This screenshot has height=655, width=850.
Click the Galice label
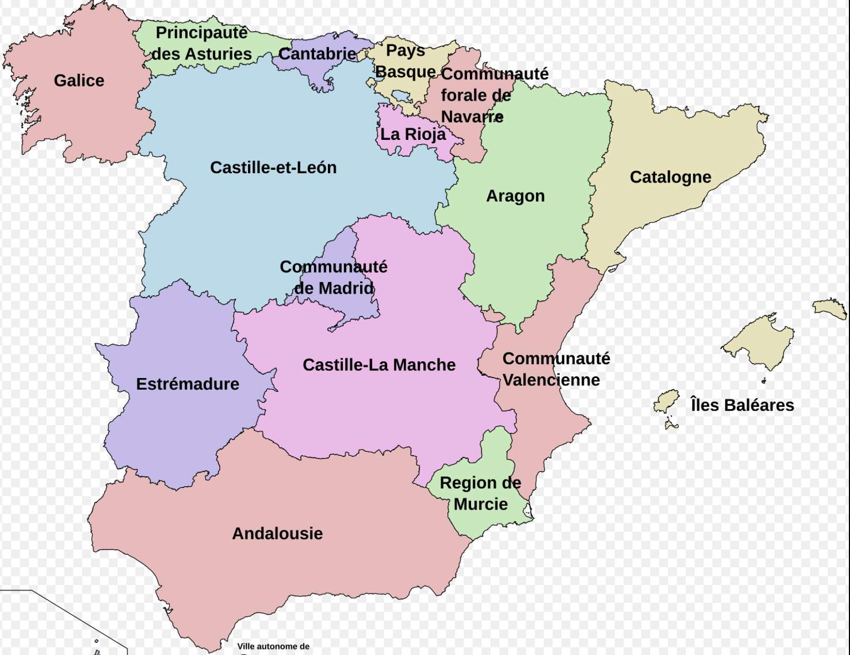pyautogui.click(x=79, y=80)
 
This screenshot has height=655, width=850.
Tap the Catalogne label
pyautogui.click(x=670, y=177)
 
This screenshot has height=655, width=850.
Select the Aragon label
pyautogui.click(x=515, y=196)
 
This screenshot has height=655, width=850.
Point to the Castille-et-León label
pyautogui.click(x=273, y=168)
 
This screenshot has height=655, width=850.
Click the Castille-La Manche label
pyautogui.click(x=379, y=365)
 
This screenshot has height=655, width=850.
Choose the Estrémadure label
pyautogui.click(x=188, y=384)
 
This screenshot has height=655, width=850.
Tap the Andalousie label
pyautogui.click(x=277, y=533)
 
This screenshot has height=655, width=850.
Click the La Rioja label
pyautogui.click(x=413, y=134)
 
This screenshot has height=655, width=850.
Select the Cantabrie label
pyautogui.click(x=317, y=54)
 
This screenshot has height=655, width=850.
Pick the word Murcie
pyautogui.click(x=480, y=504)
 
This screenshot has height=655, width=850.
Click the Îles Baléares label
pyautogui.click(x=742, y=405)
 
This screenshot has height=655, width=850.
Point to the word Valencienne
pyautogui.click(x=552, y=380)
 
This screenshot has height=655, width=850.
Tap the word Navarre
pyautogui.click(x=472, y=117)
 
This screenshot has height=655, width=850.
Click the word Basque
pyautogui.click(x=406, y=72)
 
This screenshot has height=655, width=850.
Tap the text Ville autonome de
pyautogui.click(x=273, y=646)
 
